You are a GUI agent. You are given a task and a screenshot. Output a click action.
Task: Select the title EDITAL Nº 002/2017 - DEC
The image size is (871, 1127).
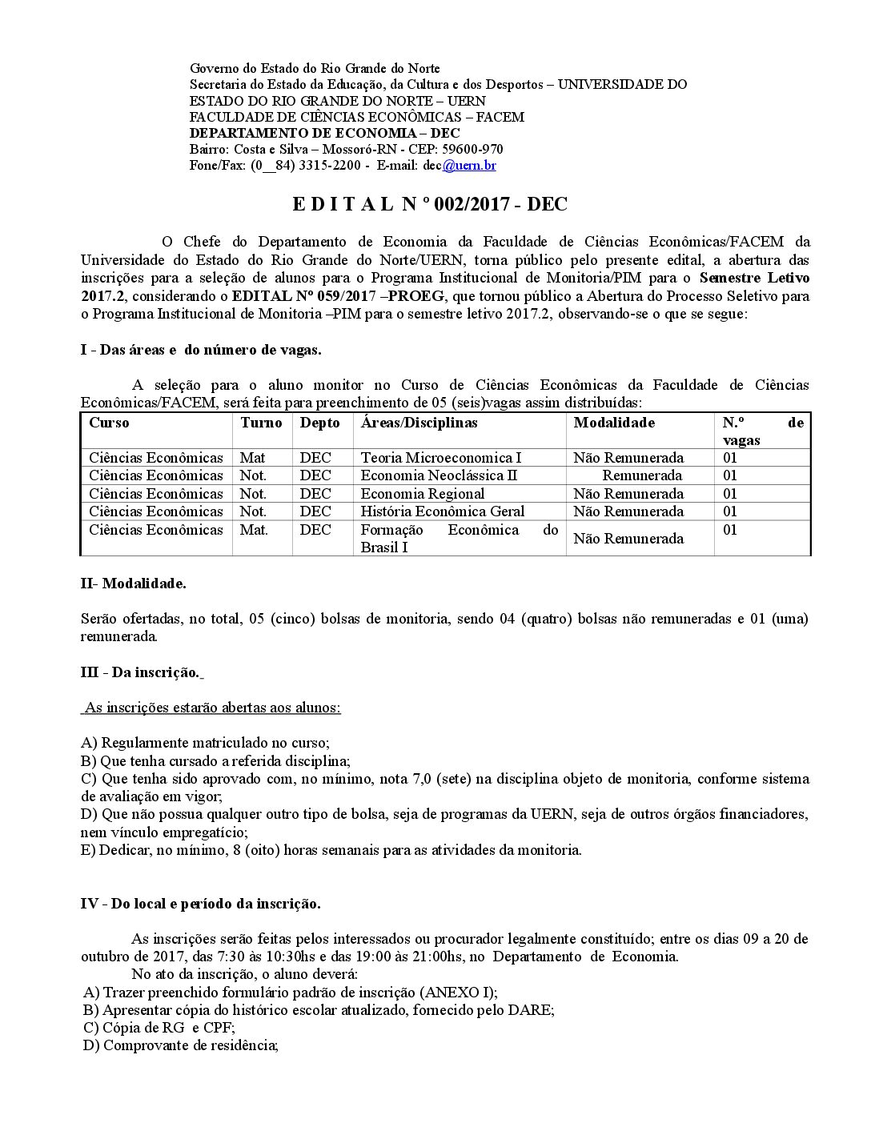[429, 204]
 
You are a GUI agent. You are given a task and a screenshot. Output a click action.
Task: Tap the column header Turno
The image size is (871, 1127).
[261, 423]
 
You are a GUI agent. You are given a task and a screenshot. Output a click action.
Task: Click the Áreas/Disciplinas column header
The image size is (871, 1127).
[419, 423]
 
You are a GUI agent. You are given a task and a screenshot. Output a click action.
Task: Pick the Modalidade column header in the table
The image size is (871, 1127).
[614, 423]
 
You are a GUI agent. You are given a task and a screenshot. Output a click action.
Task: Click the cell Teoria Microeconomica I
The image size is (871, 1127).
[441, 458]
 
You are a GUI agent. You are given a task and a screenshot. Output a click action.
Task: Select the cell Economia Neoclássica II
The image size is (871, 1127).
[439, 475]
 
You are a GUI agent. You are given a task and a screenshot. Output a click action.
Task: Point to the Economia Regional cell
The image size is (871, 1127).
[422, 494]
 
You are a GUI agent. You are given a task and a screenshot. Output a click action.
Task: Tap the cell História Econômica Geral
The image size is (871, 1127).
[443, 511]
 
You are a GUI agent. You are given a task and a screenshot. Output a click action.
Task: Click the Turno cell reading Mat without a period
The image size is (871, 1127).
[252, 458]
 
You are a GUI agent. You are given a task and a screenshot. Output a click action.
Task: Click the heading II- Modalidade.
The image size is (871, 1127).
[134, 584]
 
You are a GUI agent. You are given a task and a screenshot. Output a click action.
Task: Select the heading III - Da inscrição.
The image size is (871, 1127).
[140, 672]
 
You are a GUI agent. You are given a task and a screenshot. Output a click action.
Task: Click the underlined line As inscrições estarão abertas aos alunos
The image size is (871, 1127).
[212, 708]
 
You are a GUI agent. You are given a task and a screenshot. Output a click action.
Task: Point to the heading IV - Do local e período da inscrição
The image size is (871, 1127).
[201, 904]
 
